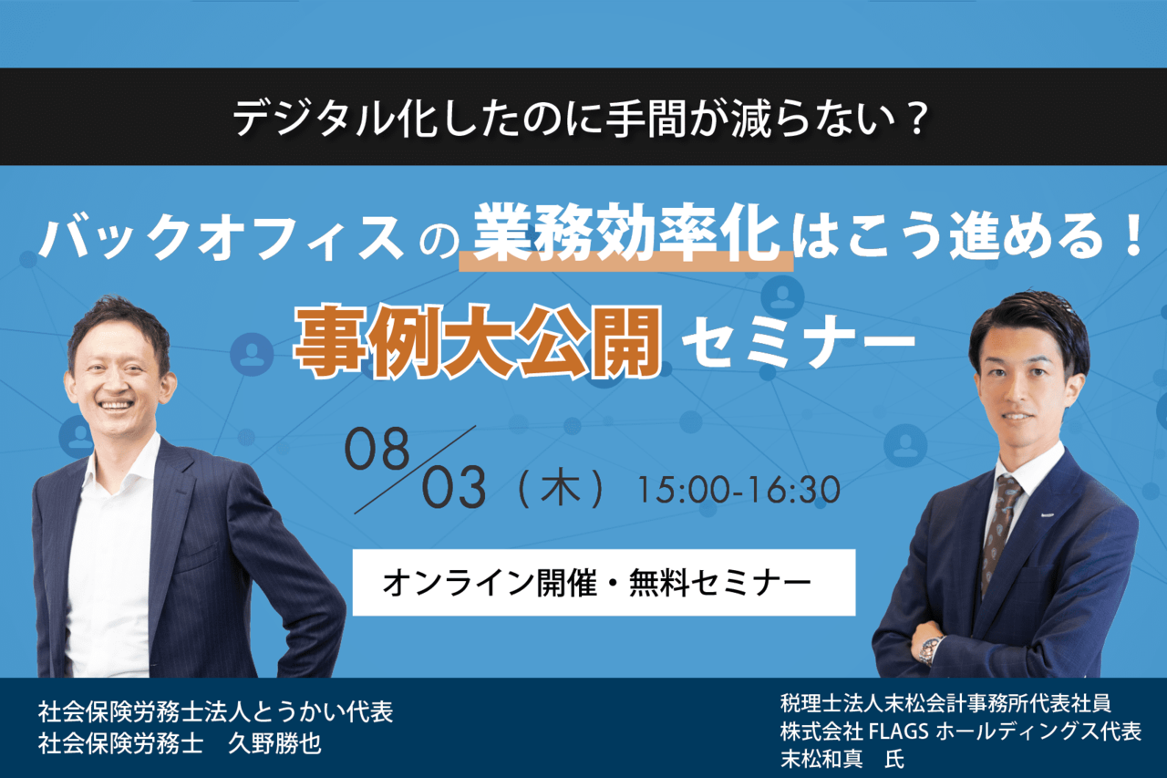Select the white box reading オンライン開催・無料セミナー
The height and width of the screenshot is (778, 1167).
604,582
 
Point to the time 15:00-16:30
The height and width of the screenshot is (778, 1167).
739,490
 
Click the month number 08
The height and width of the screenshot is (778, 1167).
377,449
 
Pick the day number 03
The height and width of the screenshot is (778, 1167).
454,488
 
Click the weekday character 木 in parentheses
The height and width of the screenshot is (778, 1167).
561,489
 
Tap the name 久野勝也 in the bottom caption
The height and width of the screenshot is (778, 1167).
275,743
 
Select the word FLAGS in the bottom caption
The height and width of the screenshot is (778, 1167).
899,732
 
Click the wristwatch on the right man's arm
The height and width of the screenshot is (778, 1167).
932,650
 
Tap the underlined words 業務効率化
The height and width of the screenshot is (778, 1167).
626,235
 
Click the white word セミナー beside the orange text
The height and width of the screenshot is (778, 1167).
798,344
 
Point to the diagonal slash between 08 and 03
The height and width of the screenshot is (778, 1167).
415,470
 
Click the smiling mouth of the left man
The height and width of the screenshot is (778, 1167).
116,404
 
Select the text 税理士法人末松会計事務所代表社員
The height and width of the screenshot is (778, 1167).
945,704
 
